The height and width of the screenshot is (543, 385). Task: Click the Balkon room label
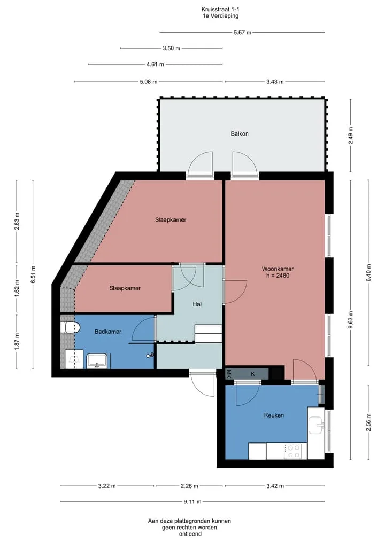(x=240, y=133)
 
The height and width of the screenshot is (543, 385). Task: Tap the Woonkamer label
(x=278, y=269)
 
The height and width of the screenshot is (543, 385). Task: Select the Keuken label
(x=274, y=415)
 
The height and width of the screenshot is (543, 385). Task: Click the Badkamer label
(x=108, y=332)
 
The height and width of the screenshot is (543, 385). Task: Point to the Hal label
(x=197, y=304)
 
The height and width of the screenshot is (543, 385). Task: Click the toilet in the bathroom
(x=71, y=328)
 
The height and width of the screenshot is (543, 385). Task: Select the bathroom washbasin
(x=97, y=361)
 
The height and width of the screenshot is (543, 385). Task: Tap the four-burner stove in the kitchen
(x=292, y=452)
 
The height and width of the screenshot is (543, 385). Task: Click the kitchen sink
(x=316, y=425)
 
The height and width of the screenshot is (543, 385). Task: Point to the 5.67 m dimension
(x=242, y=33)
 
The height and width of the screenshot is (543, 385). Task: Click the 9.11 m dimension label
(x=192, y=502)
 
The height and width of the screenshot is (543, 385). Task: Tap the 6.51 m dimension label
(x=33, y=274)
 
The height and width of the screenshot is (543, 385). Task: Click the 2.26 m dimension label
(x=189, y=486)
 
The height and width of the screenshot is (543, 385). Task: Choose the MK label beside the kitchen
(x=229, y=373)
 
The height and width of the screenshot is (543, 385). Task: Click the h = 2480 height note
(x=278, y=276)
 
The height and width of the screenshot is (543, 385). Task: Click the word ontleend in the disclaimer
(x=190, y=534)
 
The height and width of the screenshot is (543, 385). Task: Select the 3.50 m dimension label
(x=171, y=49)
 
